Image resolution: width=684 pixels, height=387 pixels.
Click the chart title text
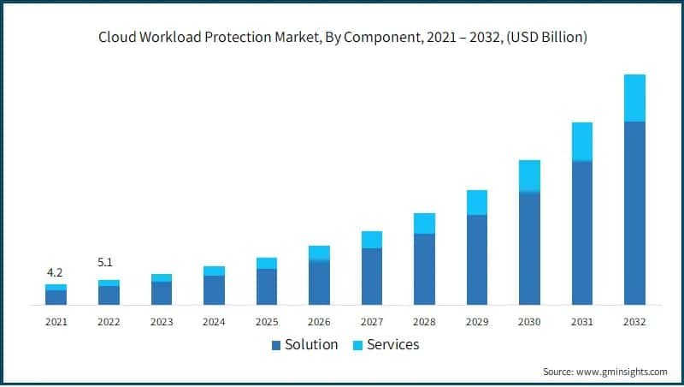[342, 37]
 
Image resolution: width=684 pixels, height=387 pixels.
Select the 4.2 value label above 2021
[55, 272]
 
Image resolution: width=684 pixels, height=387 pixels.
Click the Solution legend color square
[276, 345]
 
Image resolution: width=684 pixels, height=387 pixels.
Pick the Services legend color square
[358, 345]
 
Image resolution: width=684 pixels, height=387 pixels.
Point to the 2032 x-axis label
[634, 322]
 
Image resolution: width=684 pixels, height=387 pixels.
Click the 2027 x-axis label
[371, 322]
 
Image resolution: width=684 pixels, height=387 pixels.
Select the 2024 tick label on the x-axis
[214, 322]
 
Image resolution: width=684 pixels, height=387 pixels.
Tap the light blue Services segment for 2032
[634, 98]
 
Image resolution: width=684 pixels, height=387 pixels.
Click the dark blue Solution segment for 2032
[634, 213]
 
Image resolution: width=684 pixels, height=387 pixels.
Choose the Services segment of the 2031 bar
[581, 141]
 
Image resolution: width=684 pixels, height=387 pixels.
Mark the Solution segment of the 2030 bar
[529, 248]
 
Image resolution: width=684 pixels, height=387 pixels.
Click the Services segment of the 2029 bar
[477, 202]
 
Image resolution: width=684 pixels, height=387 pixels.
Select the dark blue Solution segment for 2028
[424, 269]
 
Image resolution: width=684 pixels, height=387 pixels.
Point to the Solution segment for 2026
[319, 282]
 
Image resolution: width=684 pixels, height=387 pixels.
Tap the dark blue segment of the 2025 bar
[267, 287]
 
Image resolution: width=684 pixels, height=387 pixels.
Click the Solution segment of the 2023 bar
[162, 293]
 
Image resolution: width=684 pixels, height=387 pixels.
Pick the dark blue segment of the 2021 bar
[56, 297]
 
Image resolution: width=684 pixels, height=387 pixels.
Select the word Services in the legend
[393, 345]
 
